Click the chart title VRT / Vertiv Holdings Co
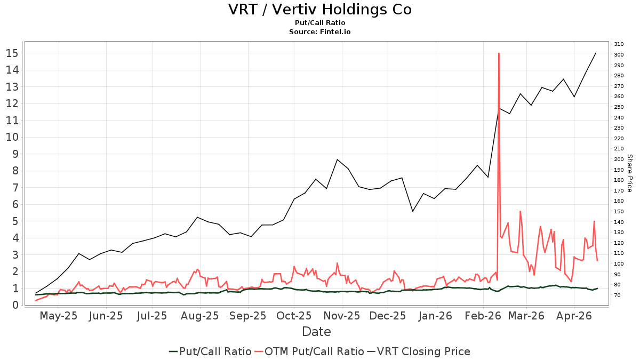click(x=319, y=10)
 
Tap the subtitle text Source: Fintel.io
click(x=319, y=31)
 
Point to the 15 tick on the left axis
click(x=12, y=53)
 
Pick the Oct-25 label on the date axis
click(x=294, y=316)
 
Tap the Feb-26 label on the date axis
click(x=483, y=316)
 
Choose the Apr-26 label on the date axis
click(x=574, y=316)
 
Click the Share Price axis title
click(x=629, y=173)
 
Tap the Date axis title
click(x=316, y=332)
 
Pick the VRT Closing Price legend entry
click(x=423, y=351)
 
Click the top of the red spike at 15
click(x=499, y=53)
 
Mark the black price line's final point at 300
click(x=596, y=53)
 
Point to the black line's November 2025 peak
click(x=337, y=159)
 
